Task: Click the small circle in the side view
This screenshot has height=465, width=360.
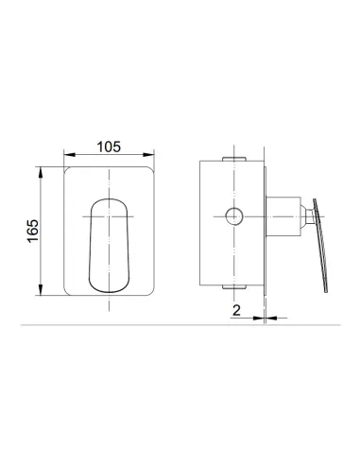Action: point(232,214)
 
